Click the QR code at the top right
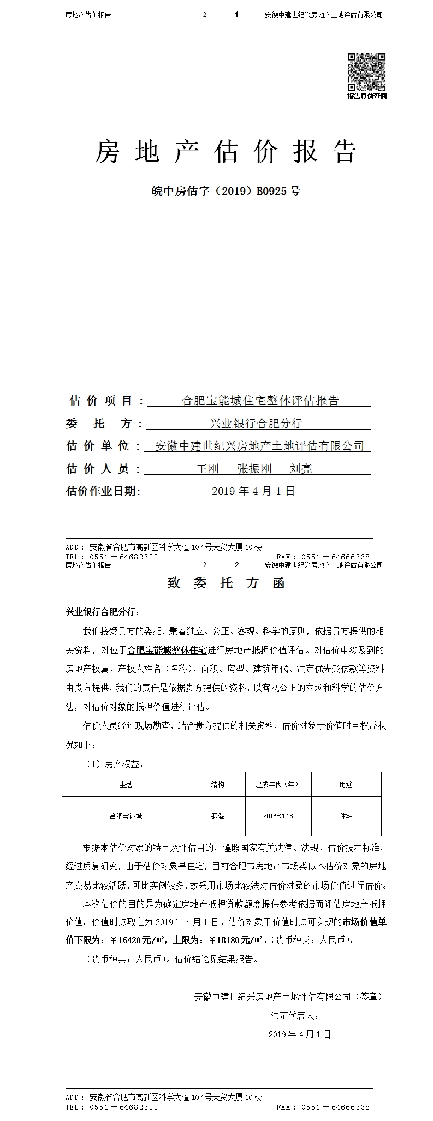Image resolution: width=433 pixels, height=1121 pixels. (x=367, y=72)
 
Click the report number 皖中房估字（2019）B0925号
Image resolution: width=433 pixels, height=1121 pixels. (x=226, y=191)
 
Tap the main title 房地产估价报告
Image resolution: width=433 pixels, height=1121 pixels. (x=226, y=152)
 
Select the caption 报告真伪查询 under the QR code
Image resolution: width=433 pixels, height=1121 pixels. (x=367, y=96)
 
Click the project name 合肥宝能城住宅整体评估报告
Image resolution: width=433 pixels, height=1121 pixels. (x=260, y=401)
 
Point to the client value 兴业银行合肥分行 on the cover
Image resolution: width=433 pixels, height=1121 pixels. (x=256, y=423)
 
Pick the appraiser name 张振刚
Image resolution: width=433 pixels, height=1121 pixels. (x=254, y=468)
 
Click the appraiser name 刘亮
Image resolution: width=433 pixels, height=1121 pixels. (x=301, y=468)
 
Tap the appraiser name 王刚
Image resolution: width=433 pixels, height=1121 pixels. (x=207, y=468)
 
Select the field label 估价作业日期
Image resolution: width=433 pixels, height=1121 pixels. (x=102, y=491)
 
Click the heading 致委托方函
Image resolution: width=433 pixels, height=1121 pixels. (x=226, y=583)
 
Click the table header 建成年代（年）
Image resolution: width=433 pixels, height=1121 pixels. (x=277, y=784)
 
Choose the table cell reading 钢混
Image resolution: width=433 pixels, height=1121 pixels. (x=217, y=816)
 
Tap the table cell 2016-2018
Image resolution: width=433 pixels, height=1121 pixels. (x=278, y=816)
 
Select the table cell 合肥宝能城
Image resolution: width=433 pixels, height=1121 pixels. (x=126, y=816)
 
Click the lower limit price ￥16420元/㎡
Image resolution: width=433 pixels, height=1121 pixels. (x=138, y=940)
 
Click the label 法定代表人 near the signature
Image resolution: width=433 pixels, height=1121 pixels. (x=294, y=1016)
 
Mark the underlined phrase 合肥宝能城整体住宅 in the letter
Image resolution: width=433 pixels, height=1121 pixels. (x=167, y=650)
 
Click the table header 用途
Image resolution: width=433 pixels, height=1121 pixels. (x=346, y=784)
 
